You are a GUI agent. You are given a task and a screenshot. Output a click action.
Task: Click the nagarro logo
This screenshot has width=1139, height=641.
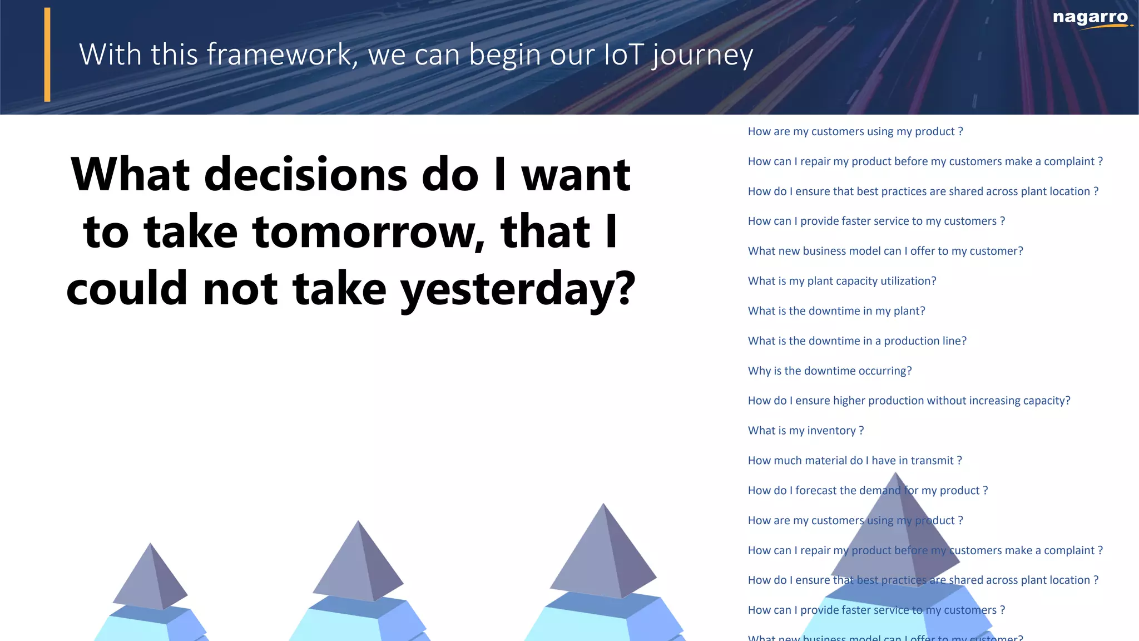point(1091,18)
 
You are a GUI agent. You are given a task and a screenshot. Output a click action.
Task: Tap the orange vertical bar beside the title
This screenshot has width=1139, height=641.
point(47,55)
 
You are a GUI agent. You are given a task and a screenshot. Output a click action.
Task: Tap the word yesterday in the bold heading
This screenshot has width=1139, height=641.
point(517,288)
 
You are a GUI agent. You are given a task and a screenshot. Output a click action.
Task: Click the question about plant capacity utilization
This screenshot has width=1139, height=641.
point(841,281)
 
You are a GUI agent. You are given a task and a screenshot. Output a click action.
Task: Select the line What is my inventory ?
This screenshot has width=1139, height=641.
point(805,431)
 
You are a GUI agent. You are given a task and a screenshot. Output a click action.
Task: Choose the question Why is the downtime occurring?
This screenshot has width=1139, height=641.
point(829,371)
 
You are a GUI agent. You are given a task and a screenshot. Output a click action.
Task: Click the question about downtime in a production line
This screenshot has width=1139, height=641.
point(856,341)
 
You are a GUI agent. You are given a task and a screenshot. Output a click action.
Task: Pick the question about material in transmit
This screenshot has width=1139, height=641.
point(854,461)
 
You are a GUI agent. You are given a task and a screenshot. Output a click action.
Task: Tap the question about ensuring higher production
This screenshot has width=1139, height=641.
point(908,401)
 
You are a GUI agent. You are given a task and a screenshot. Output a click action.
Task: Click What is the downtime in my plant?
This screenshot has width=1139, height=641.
point(836,311)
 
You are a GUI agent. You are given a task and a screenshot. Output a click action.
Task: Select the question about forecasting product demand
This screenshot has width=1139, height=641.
point(867,491)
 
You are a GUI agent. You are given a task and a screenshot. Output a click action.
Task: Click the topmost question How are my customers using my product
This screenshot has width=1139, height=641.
point(855,132)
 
